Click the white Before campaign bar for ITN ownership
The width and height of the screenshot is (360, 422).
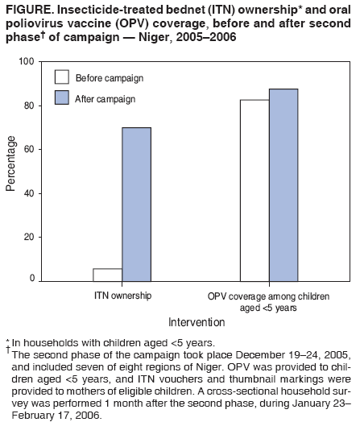click(x=108, y=275)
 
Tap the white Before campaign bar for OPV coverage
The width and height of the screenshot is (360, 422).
click(x=254, y=190)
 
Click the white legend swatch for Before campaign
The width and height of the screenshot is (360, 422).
click(x=61, y=77)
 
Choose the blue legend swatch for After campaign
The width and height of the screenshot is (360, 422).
click(x=61, y=98)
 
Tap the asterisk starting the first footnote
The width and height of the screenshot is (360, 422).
click(x=6, y=341)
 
